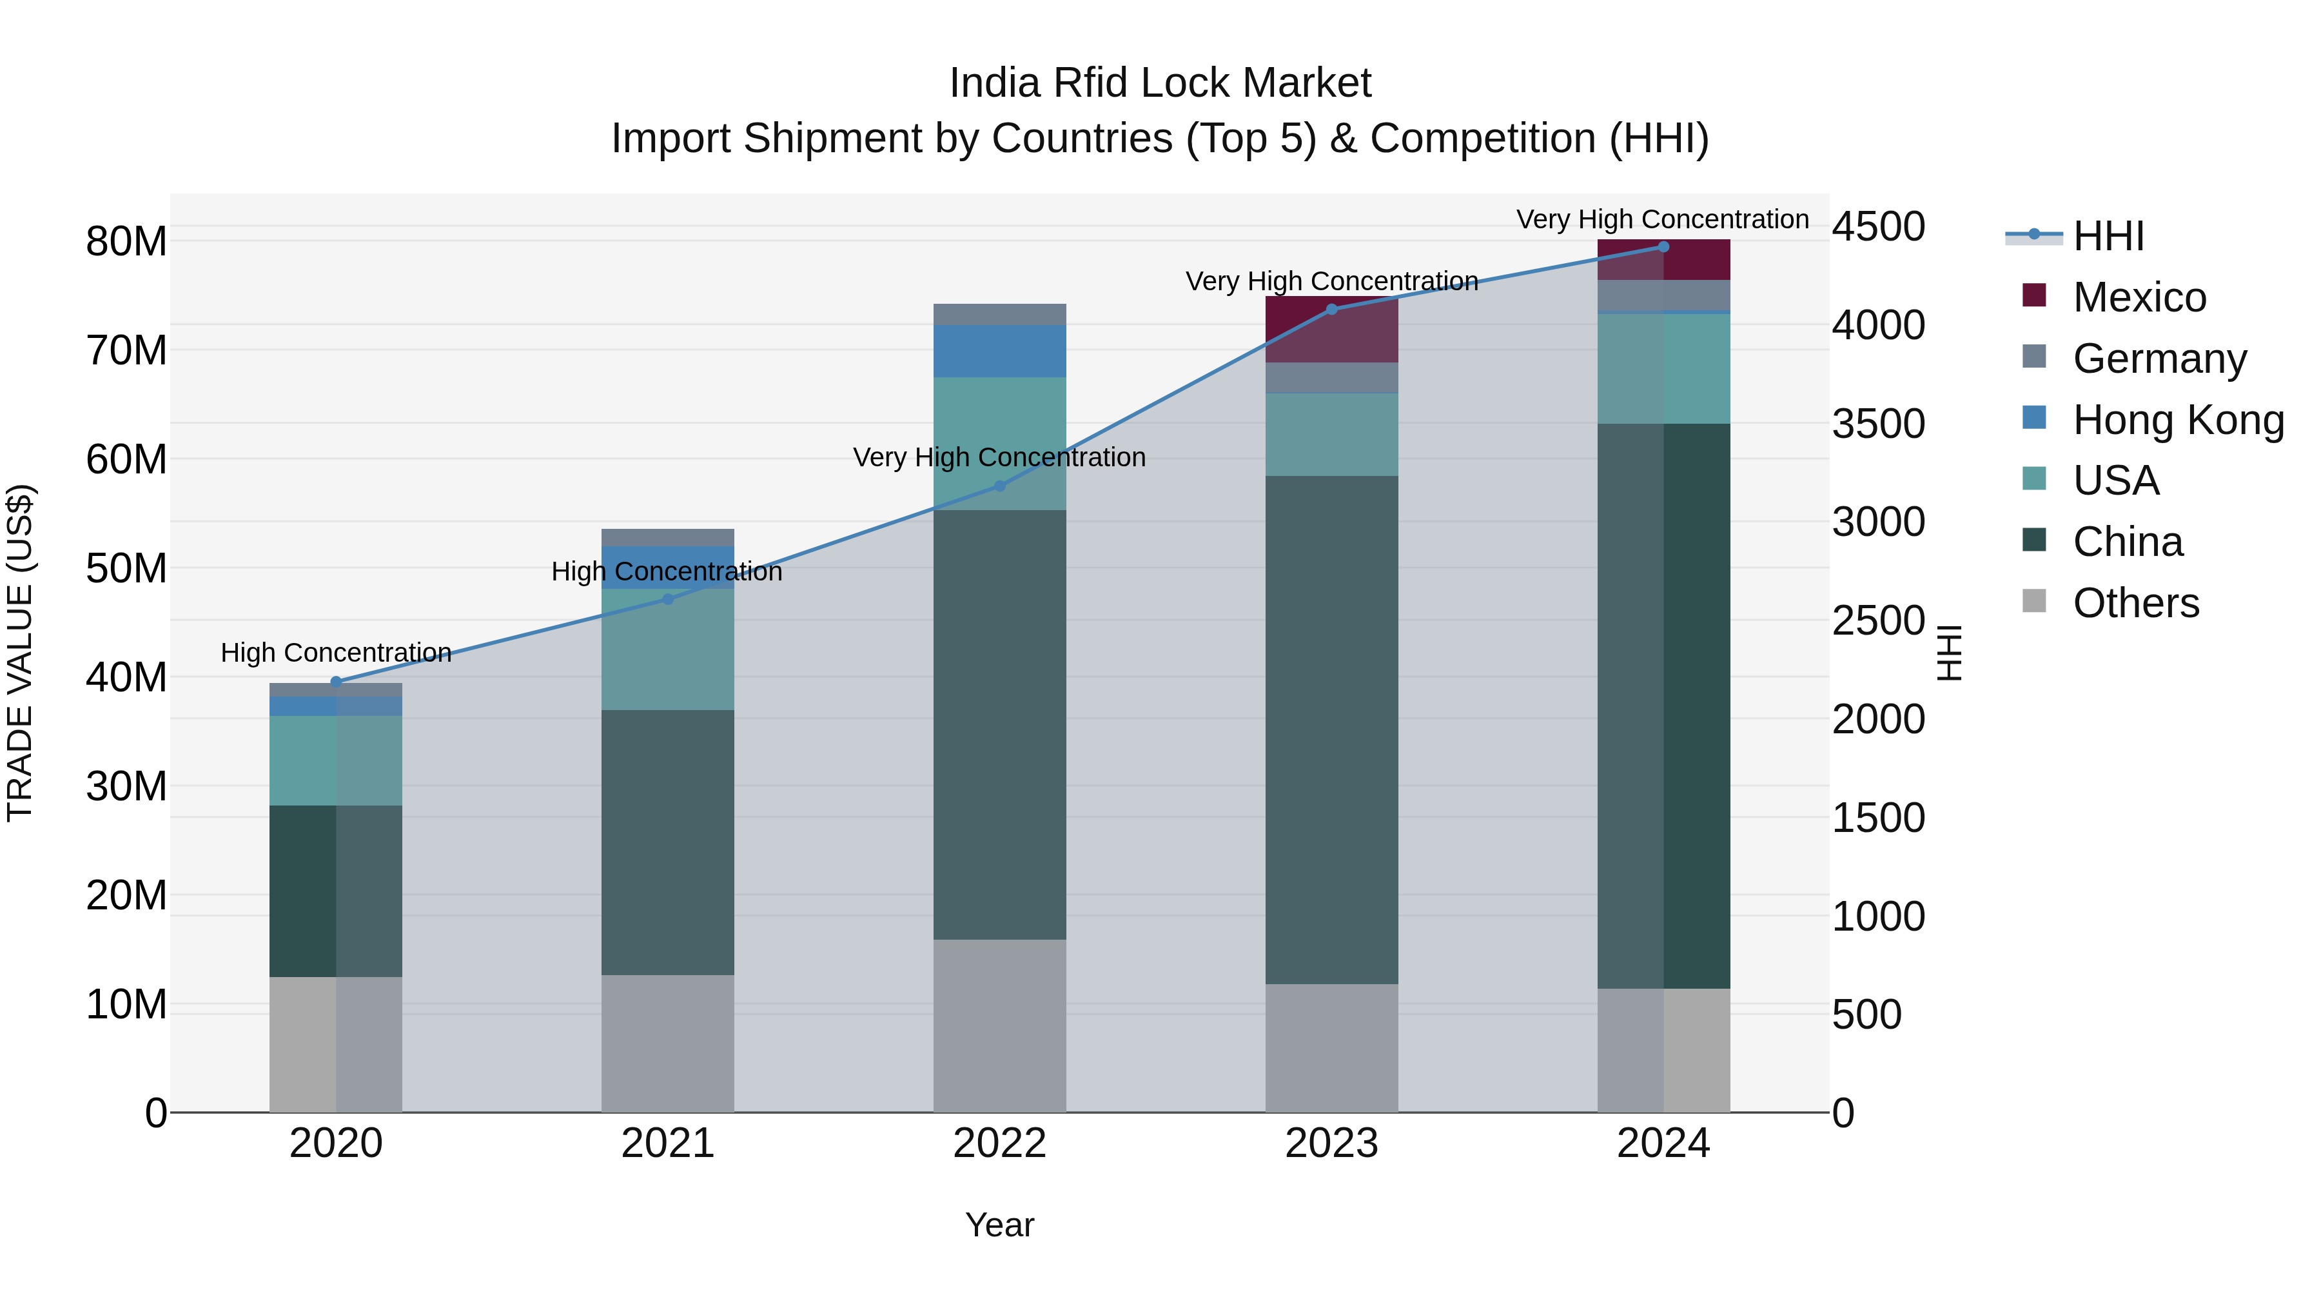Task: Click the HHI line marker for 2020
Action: tap(336, 682)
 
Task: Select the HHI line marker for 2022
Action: tap(999, 486)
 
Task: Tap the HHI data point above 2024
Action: tap(1663, 247)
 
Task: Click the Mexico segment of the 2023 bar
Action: tap(1332, 330)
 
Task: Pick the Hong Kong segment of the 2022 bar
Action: tap(999, 351)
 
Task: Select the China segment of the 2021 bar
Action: tap(668, 843)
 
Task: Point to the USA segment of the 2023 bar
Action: tap(1332, 435)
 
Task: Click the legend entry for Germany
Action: tap(2159, 359)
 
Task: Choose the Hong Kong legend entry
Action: tap(2177, 420)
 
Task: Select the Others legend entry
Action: tap(2135, 603)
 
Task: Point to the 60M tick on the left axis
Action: tap(126, 460)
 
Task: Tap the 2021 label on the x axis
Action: tap(668, 1143)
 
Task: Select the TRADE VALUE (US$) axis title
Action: tap(20, 653)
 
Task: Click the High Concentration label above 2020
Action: tap(336, 653)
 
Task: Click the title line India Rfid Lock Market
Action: tap(1160, 84)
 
